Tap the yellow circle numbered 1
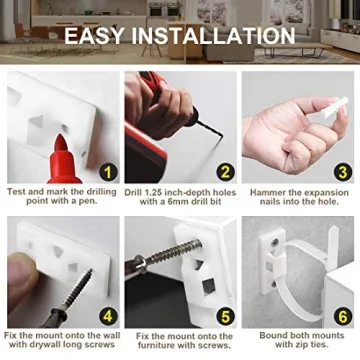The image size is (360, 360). (108, 172)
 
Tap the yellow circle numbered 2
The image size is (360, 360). (224, 172)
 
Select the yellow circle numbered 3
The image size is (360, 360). (341, 172)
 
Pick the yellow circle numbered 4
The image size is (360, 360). (108, 316)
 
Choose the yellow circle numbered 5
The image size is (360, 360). (224, 316)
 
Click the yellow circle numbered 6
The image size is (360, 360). (341, 316)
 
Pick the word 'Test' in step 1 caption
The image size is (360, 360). (19, 190)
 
